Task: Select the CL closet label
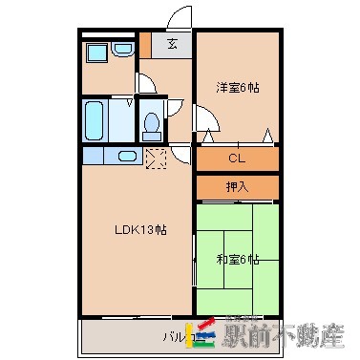(x=238, y=159)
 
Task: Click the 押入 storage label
(x=238, y=186)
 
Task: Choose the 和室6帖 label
(x=239, y=260)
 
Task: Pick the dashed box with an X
(x=157, y=157)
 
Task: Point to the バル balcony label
(x=173, y=337)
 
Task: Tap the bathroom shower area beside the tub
(x=122, y=120)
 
